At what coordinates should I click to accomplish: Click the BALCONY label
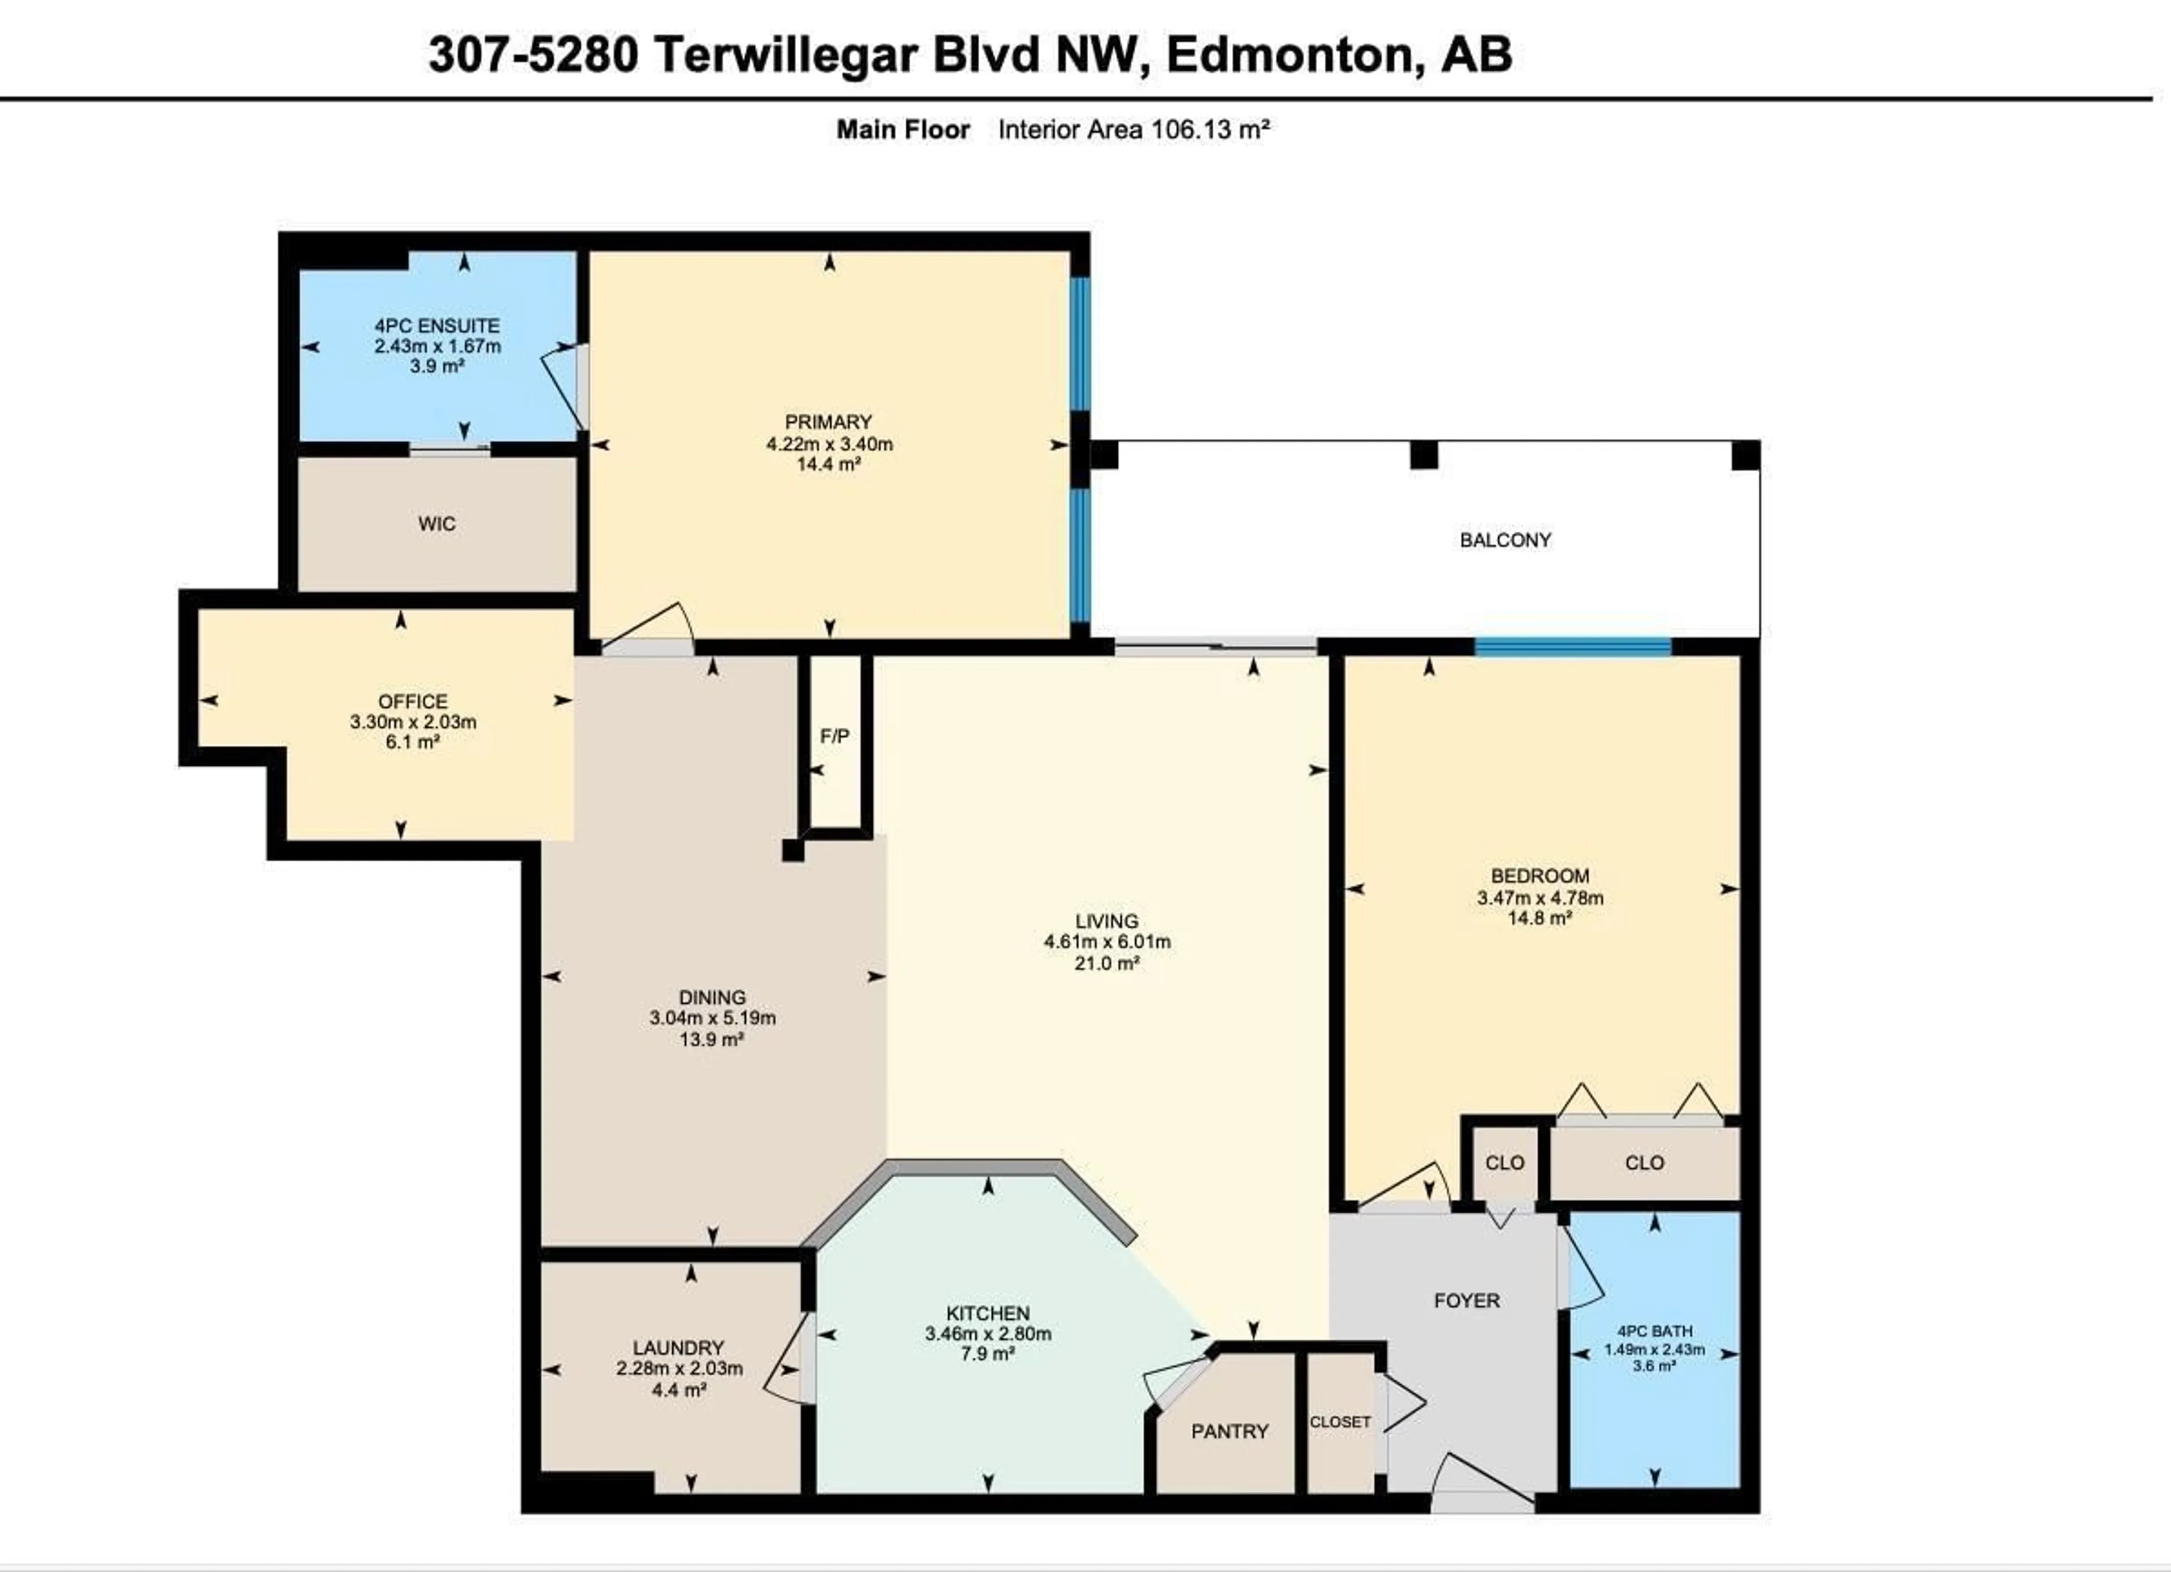point(1505,540)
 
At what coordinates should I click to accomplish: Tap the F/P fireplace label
point(834,736)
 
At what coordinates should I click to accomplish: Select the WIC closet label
point(436,524)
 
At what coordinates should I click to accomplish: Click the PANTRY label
point(1229,1431)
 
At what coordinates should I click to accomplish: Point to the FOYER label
point(1467,1300)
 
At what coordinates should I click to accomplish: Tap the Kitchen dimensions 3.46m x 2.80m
point(988,1333)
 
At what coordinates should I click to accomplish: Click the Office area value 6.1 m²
point(413,742)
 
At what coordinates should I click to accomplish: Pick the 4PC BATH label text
point(1654,1331)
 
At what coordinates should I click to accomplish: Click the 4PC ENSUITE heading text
point(436,326)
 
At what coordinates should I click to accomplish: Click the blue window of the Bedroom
point(1573,647)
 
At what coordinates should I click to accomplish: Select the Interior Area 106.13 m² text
point(1134,129)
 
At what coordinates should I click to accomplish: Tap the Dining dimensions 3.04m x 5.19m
point(712,1018)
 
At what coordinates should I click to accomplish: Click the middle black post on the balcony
point(1424,455)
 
